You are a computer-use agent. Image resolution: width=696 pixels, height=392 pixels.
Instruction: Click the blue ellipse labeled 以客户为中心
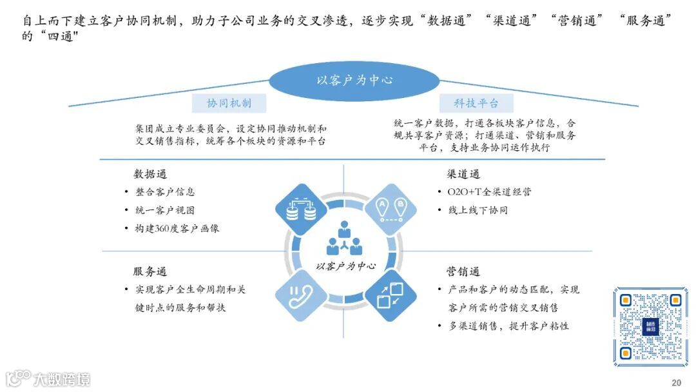[354, 81]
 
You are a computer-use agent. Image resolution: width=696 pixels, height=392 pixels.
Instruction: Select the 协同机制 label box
[229, 103]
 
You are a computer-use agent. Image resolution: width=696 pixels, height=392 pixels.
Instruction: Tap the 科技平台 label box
[477, 103]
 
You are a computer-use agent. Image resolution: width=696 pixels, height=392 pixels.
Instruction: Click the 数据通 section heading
[150, 174]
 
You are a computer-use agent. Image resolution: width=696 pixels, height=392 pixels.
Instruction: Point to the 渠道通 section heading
[463, 174]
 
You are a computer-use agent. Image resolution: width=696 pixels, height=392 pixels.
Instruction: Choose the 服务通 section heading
[150, 271]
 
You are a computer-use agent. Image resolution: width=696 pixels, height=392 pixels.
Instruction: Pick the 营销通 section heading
[463, 271]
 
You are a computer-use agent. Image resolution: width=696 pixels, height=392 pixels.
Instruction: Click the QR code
[650, 326]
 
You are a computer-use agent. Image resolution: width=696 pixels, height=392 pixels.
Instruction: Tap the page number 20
[676, 382]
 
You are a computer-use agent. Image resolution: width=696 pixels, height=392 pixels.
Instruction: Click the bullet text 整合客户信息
[165, 192]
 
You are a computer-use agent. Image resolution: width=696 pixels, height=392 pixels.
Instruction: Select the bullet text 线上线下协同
[478, 210]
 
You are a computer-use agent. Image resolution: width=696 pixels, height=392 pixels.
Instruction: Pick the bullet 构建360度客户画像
[177, 228]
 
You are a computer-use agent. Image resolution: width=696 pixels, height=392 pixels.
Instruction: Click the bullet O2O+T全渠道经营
[490, 192]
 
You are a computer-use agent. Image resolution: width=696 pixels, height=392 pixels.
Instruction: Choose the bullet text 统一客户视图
[165, 210]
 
